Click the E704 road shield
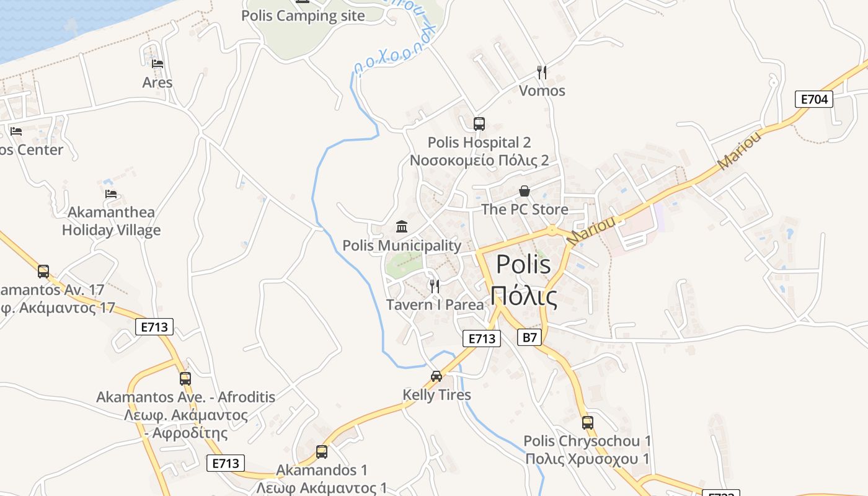(x=813, y=99)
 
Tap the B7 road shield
(x=529, y=337)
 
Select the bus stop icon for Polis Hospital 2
(x=479, y=123)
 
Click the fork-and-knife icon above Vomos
(x=542, y=72)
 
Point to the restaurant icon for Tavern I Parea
(x=435, y=286)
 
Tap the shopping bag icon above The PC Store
(x=525, y=191)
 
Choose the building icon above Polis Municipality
(x=402, y=226)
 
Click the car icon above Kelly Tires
(x=436, y=376)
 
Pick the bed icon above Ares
(x=157, y=63)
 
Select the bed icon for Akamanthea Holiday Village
(x=111, y=193)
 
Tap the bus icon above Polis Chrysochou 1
(x=587, y=423)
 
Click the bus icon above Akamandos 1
(x=321, y=451)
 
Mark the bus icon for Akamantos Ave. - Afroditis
(x=185, y=378)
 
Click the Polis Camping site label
(x=303, y=15)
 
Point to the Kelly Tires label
(x=436, y=395)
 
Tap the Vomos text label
(x=542, y=91)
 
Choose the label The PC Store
(x=525, y=209)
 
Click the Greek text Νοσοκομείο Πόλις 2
(x=479, y=160)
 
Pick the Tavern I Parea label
(x=435, y=304)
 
